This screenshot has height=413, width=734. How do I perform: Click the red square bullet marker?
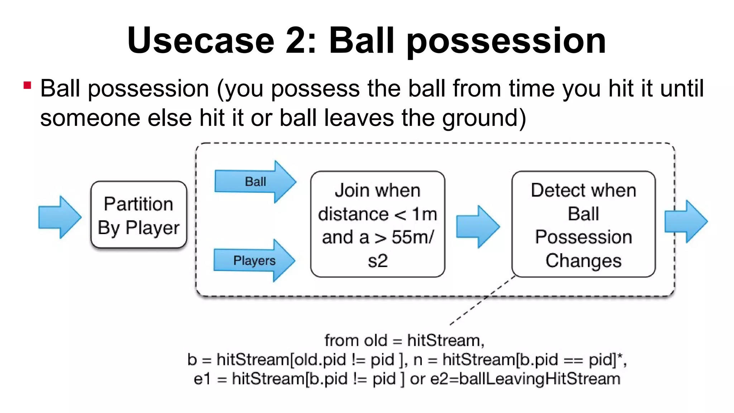tap(27, 85)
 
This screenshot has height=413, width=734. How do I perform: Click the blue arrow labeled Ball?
tap(255, 182)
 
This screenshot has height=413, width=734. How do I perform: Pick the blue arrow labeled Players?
tap(254, 260)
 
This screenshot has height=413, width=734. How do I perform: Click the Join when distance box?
tap(377, 224)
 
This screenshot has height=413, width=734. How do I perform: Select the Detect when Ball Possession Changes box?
tap(583, 224)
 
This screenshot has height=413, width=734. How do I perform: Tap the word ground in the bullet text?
tap(480, 118)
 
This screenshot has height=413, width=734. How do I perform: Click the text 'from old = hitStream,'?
tap(404, 340)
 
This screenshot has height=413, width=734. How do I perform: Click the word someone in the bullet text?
tap(90, 118)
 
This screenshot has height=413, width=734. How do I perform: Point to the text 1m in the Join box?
tap(424, 214)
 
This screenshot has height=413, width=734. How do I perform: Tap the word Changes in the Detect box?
tap(583, 261)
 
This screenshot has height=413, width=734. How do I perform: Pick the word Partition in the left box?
tap(138, 204)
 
